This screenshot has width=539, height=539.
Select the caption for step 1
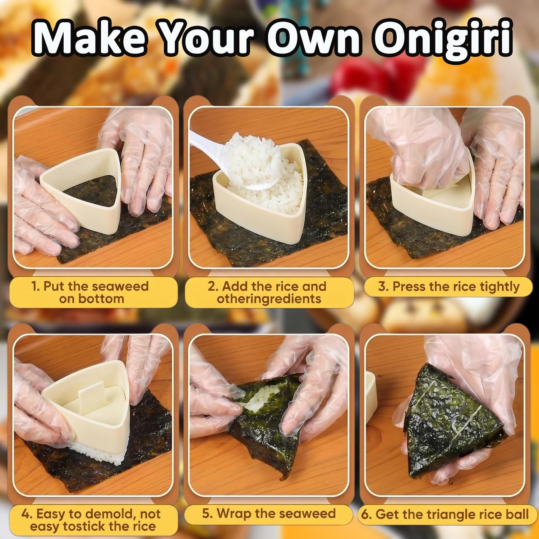pyautogui.click(x=90, y=292)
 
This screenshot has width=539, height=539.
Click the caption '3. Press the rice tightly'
pyautogui.click(x=449, y=287)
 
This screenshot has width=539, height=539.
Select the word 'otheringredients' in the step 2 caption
pyautogui.click(x=269, y=299)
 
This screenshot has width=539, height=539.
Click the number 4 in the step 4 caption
pyautogui.click(x=25, y=514)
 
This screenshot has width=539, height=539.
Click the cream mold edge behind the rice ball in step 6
pyautogui.click(x=371, y=395)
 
